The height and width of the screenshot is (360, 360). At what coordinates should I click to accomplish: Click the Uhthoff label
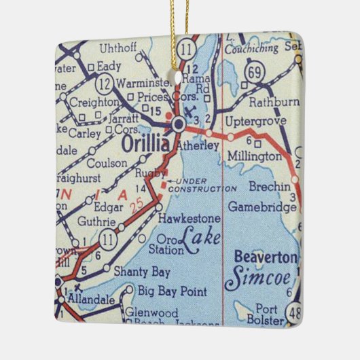pyautogui.click(x=118, y=49)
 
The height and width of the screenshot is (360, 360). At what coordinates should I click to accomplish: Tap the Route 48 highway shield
pyautogui.click(x=294, y=313)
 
